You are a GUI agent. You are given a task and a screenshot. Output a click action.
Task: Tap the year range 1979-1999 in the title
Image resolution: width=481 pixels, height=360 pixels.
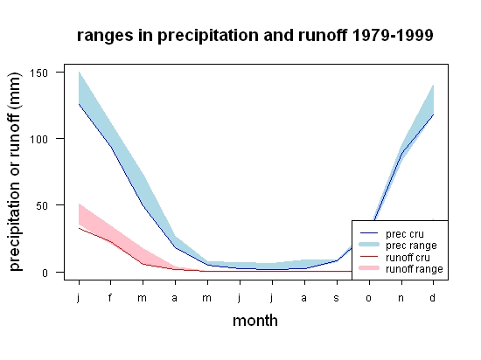click(x=393, y=35)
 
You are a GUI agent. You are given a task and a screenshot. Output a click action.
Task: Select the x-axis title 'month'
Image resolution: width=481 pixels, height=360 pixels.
click(x=255, y=321)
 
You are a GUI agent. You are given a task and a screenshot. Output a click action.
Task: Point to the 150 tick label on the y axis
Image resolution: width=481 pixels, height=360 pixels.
click(x=38, y=73)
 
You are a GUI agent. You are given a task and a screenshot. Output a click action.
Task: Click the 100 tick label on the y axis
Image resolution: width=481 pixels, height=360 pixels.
click(x=38, y=140)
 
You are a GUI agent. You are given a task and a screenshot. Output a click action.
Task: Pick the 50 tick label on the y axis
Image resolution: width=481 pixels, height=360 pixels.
click(x=42, y=206)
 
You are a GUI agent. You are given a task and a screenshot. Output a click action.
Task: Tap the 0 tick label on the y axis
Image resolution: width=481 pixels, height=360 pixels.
click(x=45, y=273)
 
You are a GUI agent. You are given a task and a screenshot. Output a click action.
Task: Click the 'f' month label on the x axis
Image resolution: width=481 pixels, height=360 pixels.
click(x=110, y=297)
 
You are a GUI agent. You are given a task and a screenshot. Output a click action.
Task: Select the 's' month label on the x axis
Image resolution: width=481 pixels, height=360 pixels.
click(x=337, y=298)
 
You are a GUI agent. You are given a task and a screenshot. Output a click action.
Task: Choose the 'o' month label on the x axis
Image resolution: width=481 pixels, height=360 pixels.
click(x=369, y=298)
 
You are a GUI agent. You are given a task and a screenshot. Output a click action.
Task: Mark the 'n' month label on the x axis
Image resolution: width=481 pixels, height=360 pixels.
click(x=401, y=298)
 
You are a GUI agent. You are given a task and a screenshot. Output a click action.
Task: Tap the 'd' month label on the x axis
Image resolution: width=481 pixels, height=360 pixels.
click(x=433, y=297)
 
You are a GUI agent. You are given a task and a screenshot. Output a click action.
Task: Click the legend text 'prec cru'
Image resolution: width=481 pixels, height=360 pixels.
click(x=405, y=234)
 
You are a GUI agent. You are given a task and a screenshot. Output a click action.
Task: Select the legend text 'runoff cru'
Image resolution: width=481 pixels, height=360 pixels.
click(x=408, y=258)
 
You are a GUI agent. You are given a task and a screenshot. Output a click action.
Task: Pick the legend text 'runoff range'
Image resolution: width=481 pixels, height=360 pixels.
click(x=415, y=269)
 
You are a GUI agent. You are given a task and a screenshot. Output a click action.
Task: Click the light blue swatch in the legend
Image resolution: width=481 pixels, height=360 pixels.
click(x=369, y=245)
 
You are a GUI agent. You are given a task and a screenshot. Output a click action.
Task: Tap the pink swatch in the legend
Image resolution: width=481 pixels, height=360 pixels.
click(x=369, y=268)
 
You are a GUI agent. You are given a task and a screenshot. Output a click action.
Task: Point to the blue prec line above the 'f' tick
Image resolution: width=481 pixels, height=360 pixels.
click(x=111, y=147)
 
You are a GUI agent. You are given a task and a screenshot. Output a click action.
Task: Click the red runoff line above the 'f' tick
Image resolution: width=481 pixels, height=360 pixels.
click(x=111, y=242)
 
